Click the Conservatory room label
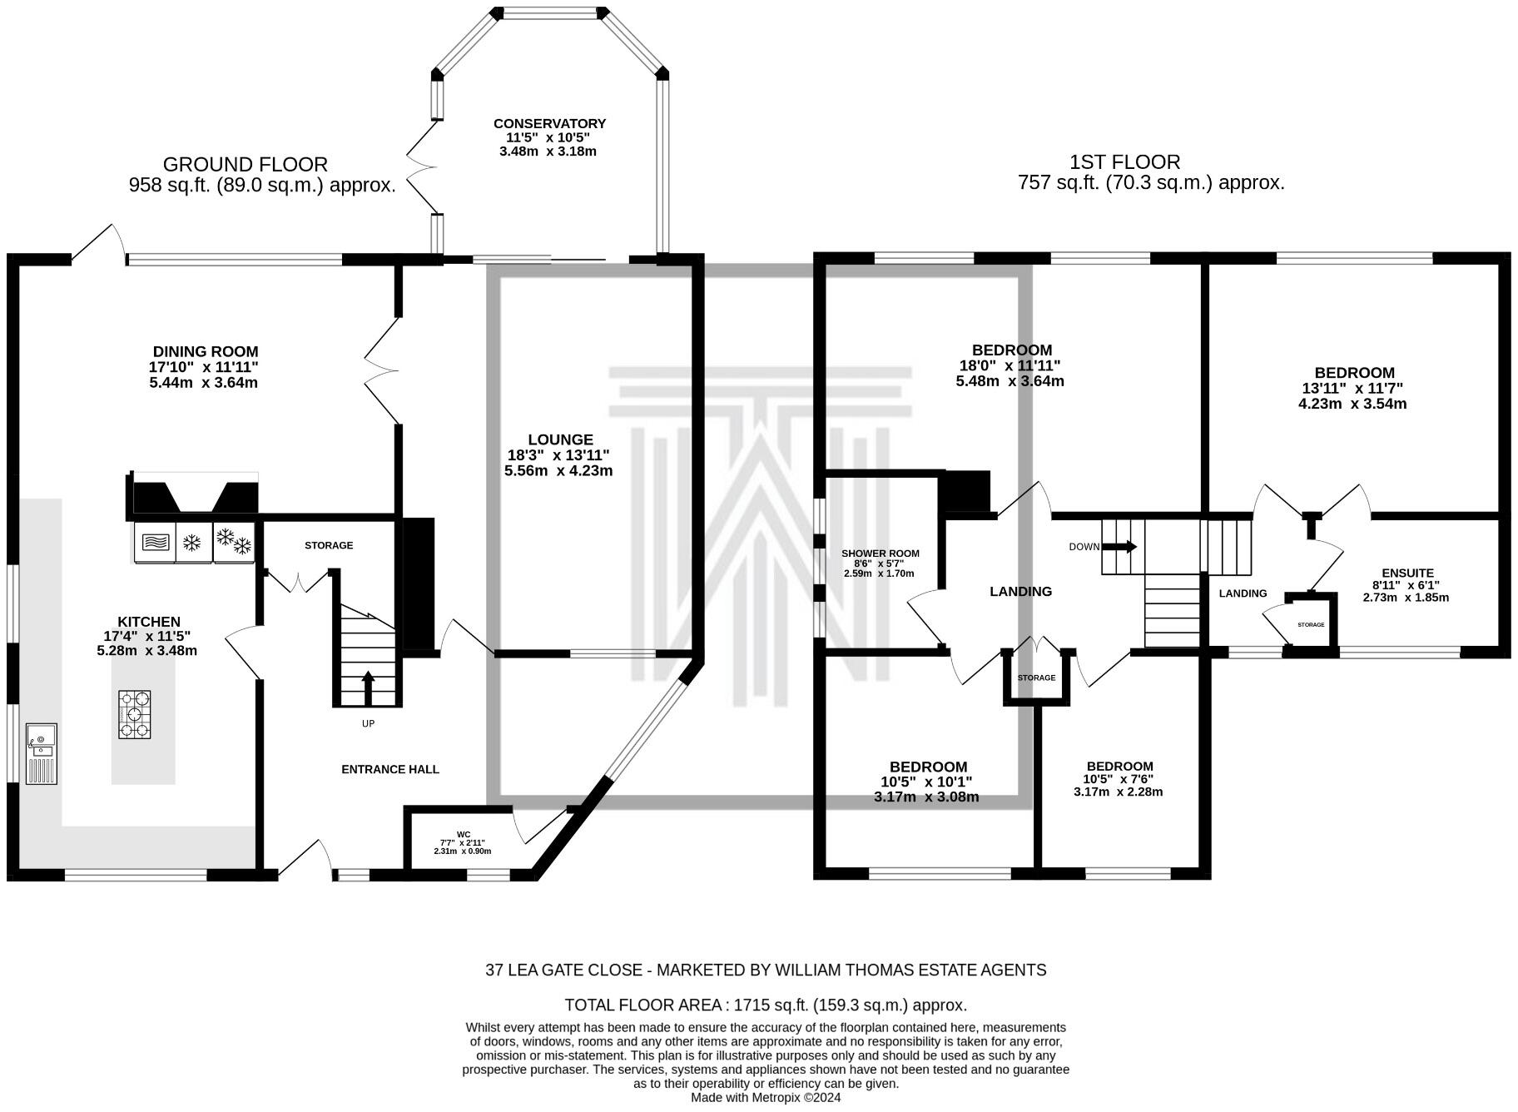[549, 124]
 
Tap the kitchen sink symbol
[42, 753]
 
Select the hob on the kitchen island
[134, 714]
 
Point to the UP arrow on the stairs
[368, 688]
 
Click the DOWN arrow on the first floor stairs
[1119, 547]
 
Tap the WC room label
[464, 834]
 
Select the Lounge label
[560, 439]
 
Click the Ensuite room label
[1407, 573]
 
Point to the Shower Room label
[881, 554]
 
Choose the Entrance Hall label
[390, 769]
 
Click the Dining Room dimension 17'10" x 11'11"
[205, 367]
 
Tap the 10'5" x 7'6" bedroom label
[1119, 779]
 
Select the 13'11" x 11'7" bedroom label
[1354, 388]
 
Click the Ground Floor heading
[246, 165]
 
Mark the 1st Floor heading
[1125, 162]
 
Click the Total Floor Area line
[766, 1005]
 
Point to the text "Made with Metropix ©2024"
[766, 1098]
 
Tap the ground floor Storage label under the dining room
[329, 545]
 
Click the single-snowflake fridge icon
[193, 544]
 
